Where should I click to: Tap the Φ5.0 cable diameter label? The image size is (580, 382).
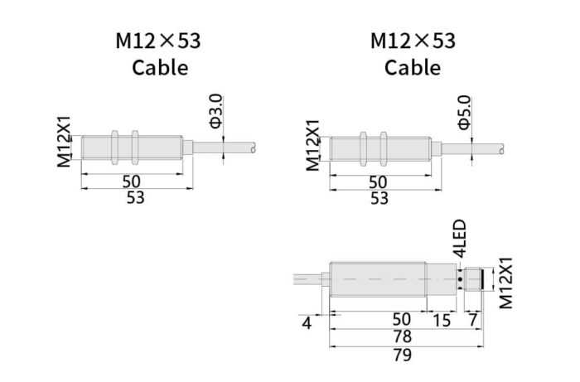(x=465, y=114)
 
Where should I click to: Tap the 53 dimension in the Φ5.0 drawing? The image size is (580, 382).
(x=379, y=198)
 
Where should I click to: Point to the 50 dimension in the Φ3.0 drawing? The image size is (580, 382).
(x=130, y=181)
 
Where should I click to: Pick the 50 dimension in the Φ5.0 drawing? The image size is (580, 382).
(x=379, y=181)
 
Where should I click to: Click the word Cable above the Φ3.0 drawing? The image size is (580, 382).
(x=160, y=67)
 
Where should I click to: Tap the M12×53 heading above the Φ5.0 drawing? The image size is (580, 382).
(x=412, y=40)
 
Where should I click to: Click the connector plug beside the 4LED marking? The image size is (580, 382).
(x=472, y=278)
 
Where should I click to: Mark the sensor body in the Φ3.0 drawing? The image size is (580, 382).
(x=133, y=147)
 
